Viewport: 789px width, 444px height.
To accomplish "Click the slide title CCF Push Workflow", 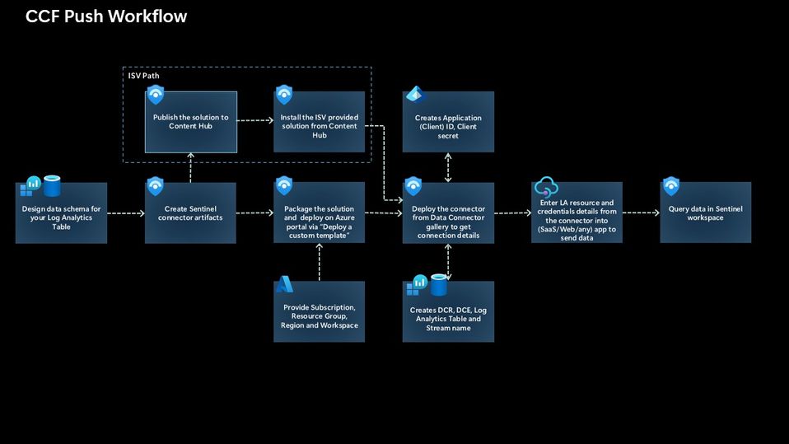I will [x=106, y=16].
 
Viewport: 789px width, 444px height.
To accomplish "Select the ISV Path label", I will [x=144, y=76].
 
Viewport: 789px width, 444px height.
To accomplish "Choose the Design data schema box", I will [x=62, y=213].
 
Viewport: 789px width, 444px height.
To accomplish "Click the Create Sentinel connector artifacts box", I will [x=190, y=213].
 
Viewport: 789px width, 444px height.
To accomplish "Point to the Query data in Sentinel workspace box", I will [x=705, y=213].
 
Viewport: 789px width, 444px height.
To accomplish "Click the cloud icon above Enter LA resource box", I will [x=546, y=187].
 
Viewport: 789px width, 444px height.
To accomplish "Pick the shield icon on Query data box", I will [x=671, y=186].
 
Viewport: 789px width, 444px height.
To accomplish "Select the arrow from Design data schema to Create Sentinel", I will [x=126, y=213].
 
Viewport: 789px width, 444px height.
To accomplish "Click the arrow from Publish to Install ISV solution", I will [x=255, y=121].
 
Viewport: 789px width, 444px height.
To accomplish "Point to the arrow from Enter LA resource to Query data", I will [x=641, y=213].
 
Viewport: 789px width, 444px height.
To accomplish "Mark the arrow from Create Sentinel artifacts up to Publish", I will [x=191, y=168].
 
